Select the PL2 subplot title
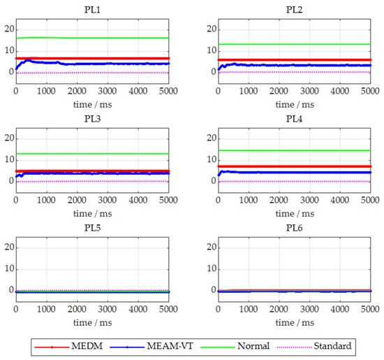(294, 10)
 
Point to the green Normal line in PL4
(293, 150)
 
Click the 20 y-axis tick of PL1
(8, 29)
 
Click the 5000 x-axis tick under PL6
(368, 308)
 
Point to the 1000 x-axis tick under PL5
(46, 308)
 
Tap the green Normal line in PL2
(293, 44)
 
